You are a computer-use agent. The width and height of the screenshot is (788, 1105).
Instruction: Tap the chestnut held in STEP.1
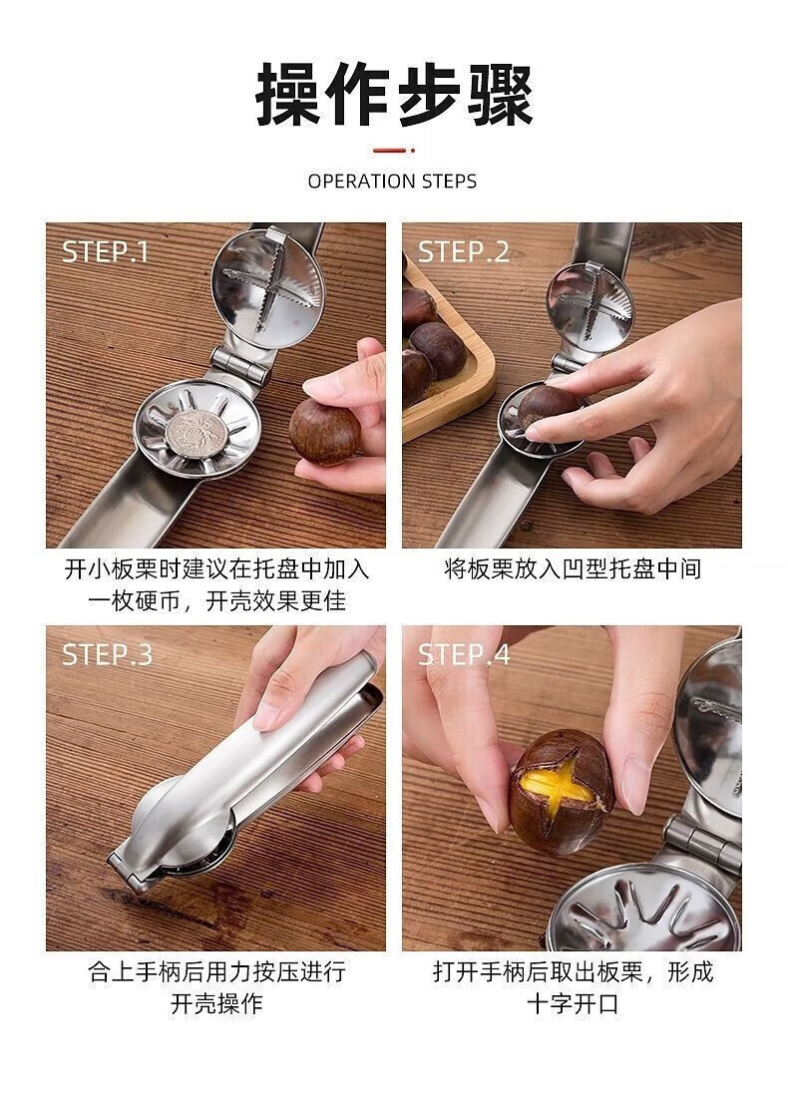pyautogui.click(x=324, y=431)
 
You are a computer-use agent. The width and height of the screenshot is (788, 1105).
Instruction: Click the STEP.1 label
pyautogui.click(x=106, y=251)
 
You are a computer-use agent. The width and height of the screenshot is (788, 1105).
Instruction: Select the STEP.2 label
pyautogui.click(x=463, y=251)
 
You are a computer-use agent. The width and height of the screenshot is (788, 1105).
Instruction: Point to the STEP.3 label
pyautogui.click(x=107, y=654)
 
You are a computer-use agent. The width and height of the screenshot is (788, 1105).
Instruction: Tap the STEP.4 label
pyautogui.click(x=464, y=654)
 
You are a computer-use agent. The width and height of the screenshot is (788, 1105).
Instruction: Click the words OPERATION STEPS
pyautogui.click(x=392, y=182)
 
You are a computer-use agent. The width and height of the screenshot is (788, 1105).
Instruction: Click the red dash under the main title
pyautogui.click(x=393, y=151)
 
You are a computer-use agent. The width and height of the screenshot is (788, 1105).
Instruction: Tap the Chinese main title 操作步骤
pyautogui.click(x=393, y=95)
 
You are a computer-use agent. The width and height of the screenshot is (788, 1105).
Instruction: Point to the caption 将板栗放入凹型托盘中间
pyautogui.click(x=572, y=568)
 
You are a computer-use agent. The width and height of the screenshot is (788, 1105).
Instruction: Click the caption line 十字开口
pyautogui.click(x=573, y=1003)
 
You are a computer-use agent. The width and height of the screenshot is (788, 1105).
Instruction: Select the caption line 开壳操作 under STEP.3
pyautogui.click(x=216, y=1003)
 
